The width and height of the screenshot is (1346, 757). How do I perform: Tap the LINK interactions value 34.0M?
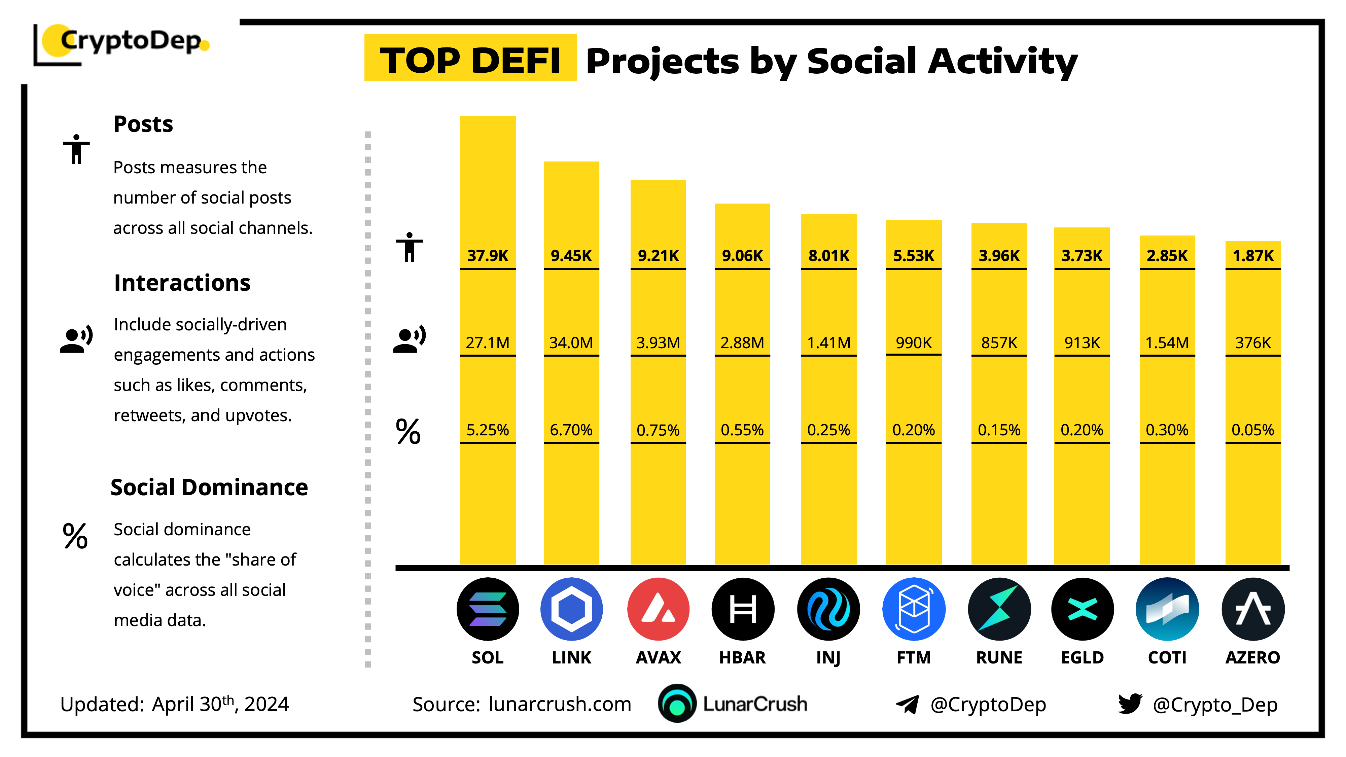click(x=571, y=343)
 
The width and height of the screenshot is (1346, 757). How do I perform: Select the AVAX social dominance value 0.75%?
click(x=658, y=430)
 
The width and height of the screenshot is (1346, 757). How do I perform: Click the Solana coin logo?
click(x=488, y=609)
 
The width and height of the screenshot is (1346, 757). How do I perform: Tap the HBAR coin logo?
click(x=743, y=609)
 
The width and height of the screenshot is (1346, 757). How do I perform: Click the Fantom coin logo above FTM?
click(x=913, y=609)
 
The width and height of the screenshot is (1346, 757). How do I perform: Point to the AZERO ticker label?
click(x=1252, y=657)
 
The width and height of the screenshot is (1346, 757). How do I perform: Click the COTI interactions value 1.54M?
click(x=1167, y=343)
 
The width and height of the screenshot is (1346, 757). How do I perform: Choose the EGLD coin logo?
click(x=1082, y=609)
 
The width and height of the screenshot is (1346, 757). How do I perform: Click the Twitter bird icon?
click(x=1130, y=704)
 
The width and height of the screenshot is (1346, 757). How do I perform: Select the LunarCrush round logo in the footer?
click(x=677, y=704)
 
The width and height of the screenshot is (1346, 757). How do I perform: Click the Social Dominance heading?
click(x=209, y=488)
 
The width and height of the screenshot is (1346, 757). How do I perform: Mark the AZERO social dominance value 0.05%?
click(x=1252, y=430)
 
